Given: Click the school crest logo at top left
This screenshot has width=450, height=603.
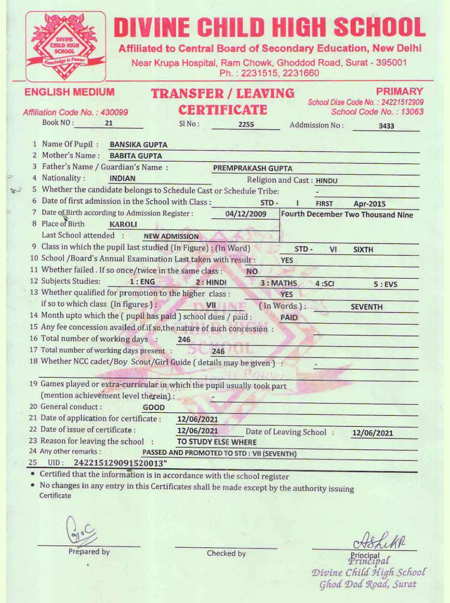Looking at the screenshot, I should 65,46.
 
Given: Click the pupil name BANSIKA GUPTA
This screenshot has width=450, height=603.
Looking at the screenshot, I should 138,145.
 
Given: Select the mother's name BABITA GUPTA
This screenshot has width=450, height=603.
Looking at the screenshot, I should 136,156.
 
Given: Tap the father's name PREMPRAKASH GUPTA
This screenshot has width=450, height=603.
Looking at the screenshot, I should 252,168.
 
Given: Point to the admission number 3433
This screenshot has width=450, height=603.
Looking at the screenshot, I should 386,126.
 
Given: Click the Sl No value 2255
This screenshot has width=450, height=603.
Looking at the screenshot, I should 246,124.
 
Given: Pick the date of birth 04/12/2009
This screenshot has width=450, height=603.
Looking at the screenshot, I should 246,214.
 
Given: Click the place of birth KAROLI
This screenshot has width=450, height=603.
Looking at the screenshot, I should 123,225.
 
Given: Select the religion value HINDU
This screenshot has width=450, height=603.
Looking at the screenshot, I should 326,181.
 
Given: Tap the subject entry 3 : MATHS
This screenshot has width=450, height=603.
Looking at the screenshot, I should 279,283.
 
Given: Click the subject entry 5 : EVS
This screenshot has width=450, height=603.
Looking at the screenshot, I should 385,284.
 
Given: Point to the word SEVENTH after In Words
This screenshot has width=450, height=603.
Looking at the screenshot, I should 366,307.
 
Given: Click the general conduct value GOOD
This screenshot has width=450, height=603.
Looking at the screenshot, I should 154,407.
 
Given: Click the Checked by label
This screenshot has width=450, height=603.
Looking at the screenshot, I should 226,553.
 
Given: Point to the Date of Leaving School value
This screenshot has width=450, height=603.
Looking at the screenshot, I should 372,433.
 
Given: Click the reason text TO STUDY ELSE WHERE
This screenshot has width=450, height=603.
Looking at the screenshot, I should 217,442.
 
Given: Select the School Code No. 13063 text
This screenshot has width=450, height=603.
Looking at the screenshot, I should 377,112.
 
